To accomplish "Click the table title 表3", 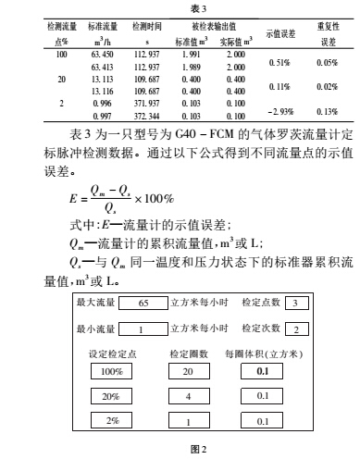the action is click(180, 6).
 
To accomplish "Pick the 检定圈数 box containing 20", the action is click(188, 397).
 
